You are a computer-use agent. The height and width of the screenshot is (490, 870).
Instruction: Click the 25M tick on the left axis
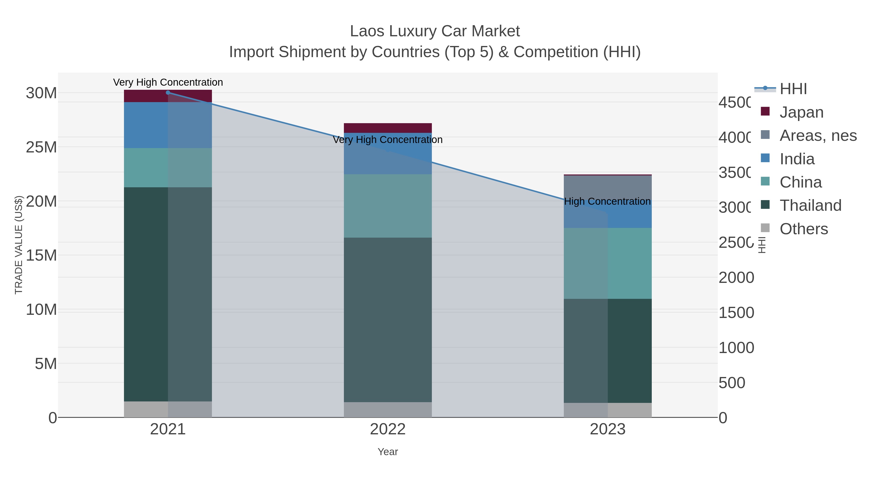click(41, 147)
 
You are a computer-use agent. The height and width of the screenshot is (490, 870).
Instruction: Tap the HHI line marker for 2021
click(168, 93)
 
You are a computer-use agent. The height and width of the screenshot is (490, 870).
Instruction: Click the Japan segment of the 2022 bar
click(388, 128)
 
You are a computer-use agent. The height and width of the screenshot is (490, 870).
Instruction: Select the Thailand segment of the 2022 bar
click(388, 320)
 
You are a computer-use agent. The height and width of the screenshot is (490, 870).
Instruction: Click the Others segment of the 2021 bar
click(168, 409)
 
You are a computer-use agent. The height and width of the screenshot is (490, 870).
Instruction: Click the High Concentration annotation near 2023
click(607, 202)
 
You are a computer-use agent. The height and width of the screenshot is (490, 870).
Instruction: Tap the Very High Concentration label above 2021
click(168, 83)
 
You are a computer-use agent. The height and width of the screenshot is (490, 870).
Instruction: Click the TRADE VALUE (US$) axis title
click(19, 245)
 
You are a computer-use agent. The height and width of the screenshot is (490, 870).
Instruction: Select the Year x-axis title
click(388, 452)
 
